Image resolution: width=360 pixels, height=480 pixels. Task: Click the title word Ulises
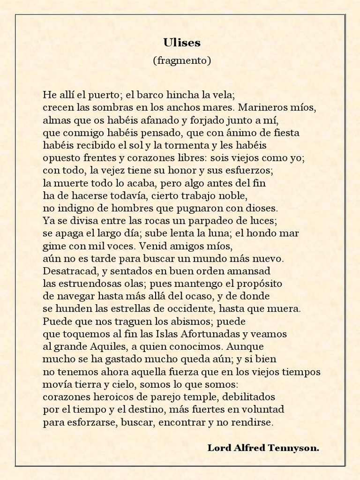point(182,43)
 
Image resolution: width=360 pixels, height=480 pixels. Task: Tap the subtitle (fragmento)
point(182,60)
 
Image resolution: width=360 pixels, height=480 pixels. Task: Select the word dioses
point(263,208)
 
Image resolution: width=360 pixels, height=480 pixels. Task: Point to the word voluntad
point(263,410)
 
